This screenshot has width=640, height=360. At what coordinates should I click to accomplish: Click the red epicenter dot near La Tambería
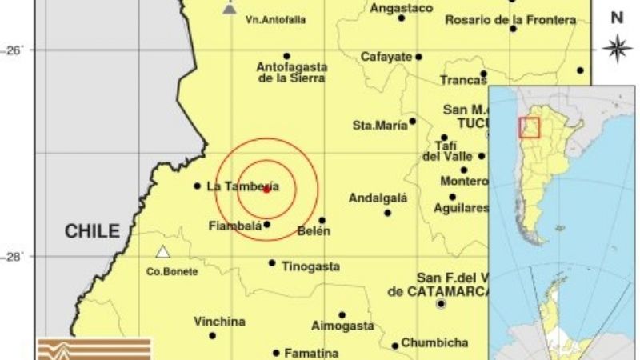coord(266,189)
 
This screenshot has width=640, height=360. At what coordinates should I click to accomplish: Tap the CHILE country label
coord(92,232)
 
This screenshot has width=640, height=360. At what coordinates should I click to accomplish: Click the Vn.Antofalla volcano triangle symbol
coord(230,9)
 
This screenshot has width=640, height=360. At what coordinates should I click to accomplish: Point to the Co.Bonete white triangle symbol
coord(163,252)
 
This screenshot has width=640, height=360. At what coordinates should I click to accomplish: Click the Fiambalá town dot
coord(267,224)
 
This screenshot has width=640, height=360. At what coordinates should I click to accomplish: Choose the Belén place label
coord(313,232)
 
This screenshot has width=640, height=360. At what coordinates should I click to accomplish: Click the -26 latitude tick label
coord(15,50)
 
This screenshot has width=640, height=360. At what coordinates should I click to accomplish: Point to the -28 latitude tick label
coord(15,256)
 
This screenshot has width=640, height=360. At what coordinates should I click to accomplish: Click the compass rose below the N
coord(617,48)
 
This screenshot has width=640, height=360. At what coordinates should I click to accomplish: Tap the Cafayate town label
coord(386,57)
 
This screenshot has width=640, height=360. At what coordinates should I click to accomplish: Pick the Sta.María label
coord(379,125)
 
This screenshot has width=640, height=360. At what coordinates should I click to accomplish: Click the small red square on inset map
coord(530,127)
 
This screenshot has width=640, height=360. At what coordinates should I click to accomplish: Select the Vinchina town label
coord(219,322)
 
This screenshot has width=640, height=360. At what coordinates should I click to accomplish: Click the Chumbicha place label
coord(434,342)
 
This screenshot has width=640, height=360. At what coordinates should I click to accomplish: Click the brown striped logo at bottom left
coord(94,349)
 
